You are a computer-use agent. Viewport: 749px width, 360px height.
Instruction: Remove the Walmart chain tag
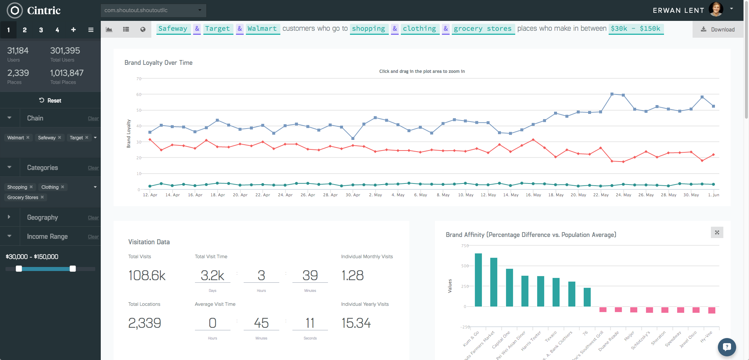click(x=28, y=138)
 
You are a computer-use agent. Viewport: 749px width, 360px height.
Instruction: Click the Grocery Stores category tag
click(x=23, y=197)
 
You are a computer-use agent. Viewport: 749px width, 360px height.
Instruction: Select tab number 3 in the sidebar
click(x=41, y=30)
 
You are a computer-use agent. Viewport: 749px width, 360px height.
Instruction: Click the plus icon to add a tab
click(x=73, y=30)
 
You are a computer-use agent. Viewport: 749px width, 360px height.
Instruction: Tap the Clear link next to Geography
click(x=93, y=218)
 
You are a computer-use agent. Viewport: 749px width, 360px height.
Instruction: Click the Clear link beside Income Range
click(x=93, y=237)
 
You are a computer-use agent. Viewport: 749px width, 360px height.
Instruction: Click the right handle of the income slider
click(x=73, y=269)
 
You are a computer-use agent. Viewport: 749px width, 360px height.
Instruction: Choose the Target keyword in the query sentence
click(x=218, y=29)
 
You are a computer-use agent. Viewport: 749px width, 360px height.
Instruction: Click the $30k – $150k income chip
click(x=635, y=29)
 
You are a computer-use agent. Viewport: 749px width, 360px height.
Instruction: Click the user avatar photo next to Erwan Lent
click(x=716, y=10)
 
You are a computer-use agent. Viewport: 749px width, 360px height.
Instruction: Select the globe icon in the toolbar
click(x=143, y=30)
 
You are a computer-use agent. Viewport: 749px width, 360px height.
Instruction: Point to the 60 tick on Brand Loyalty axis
click(x=139, y=94)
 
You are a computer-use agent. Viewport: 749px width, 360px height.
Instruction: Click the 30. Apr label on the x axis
click(x=353, y=195)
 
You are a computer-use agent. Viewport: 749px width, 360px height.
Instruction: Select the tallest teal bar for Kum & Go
click(x=478, y=280)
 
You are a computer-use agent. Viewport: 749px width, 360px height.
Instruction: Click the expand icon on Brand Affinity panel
click(x=717, y=233)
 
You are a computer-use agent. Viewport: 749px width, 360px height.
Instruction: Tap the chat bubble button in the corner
click(x=727, y=347)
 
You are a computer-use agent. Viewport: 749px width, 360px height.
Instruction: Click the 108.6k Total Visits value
click(x=147, y=276)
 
